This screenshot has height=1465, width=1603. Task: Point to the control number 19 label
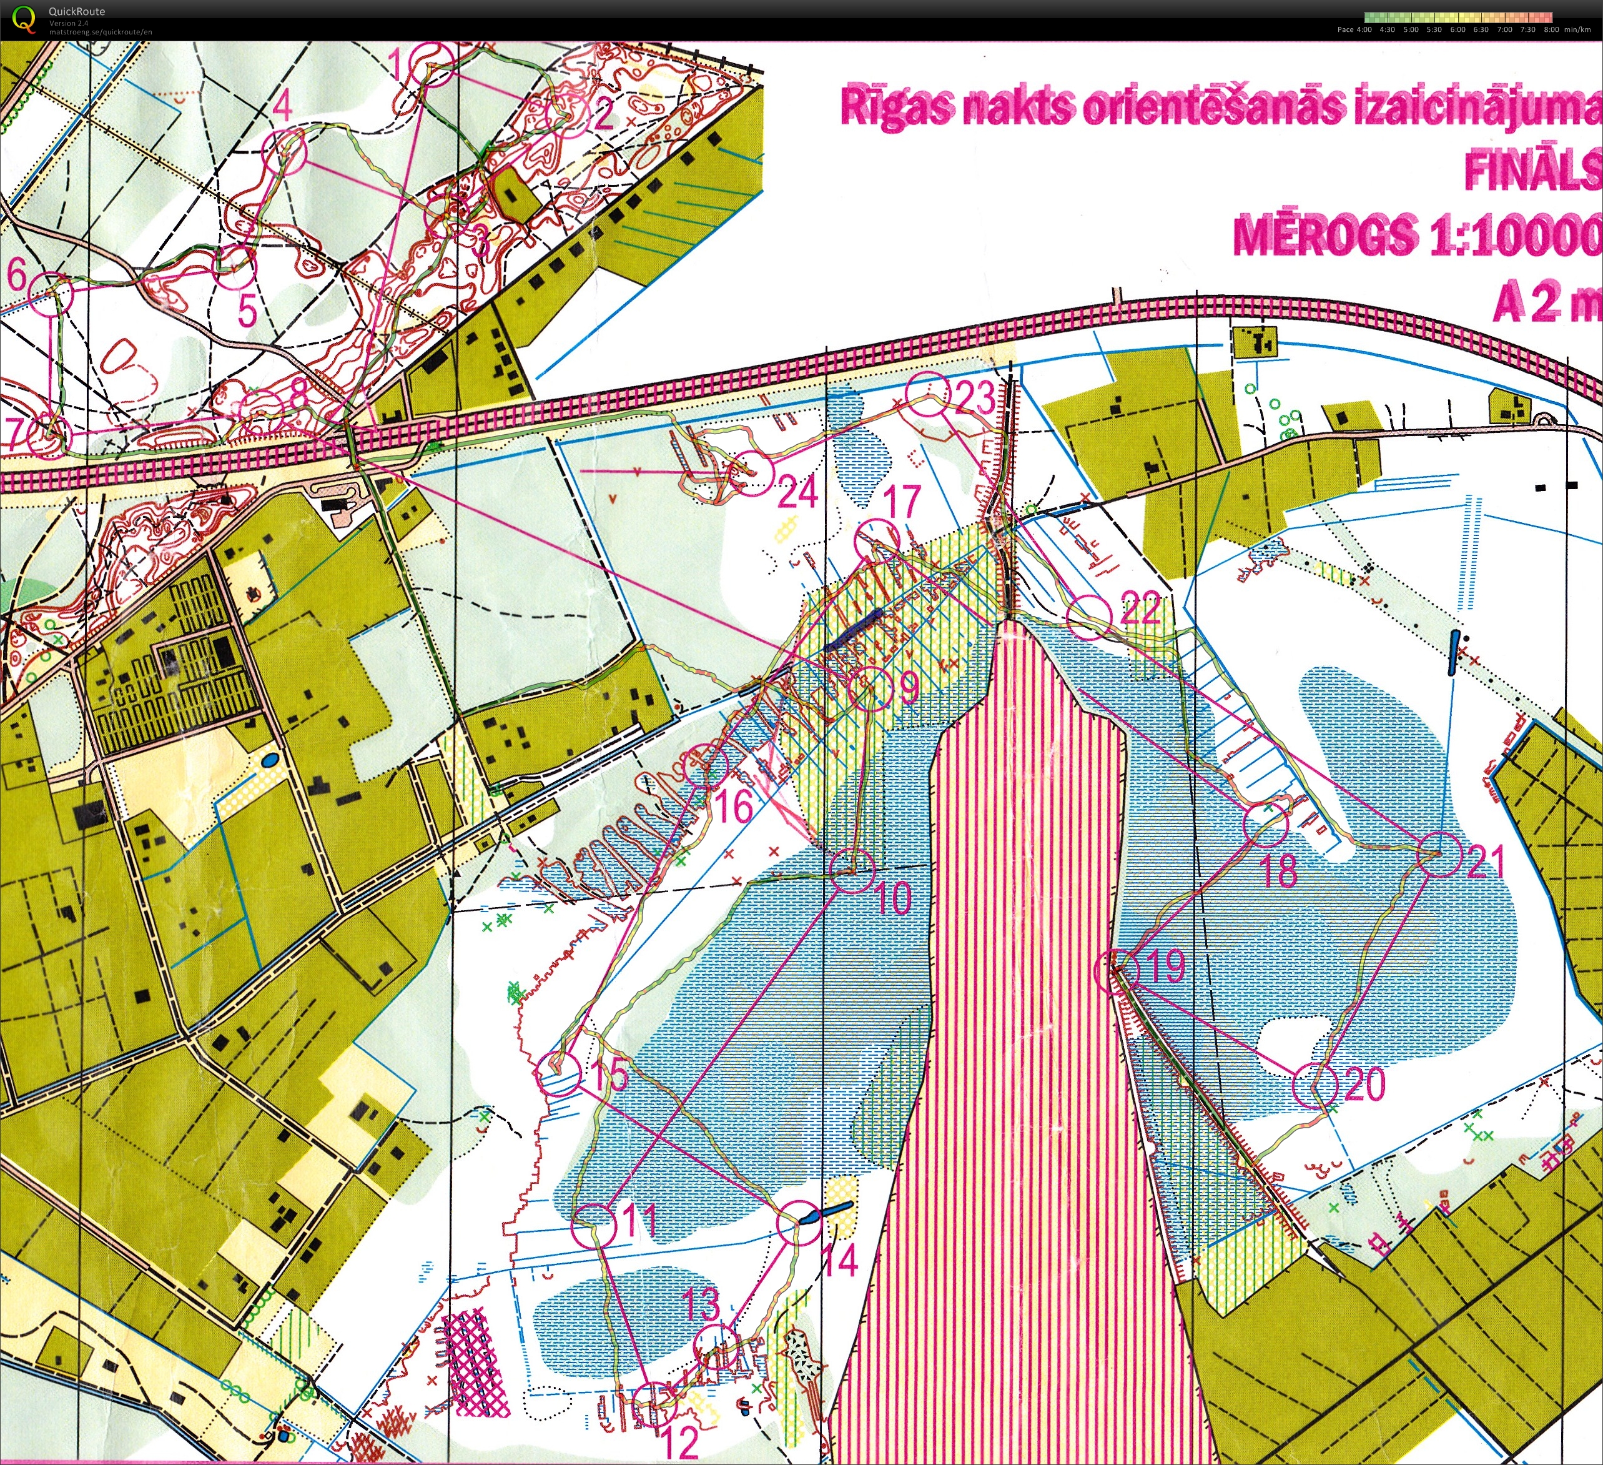pos(1166,966)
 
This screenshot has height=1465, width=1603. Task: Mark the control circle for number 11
pos(594,1226)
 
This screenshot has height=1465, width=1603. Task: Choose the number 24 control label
pos(797,493)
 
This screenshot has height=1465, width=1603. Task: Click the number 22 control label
pos(1141,610)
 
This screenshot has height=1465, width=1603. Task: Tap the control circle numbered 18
pos(1265,824)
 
